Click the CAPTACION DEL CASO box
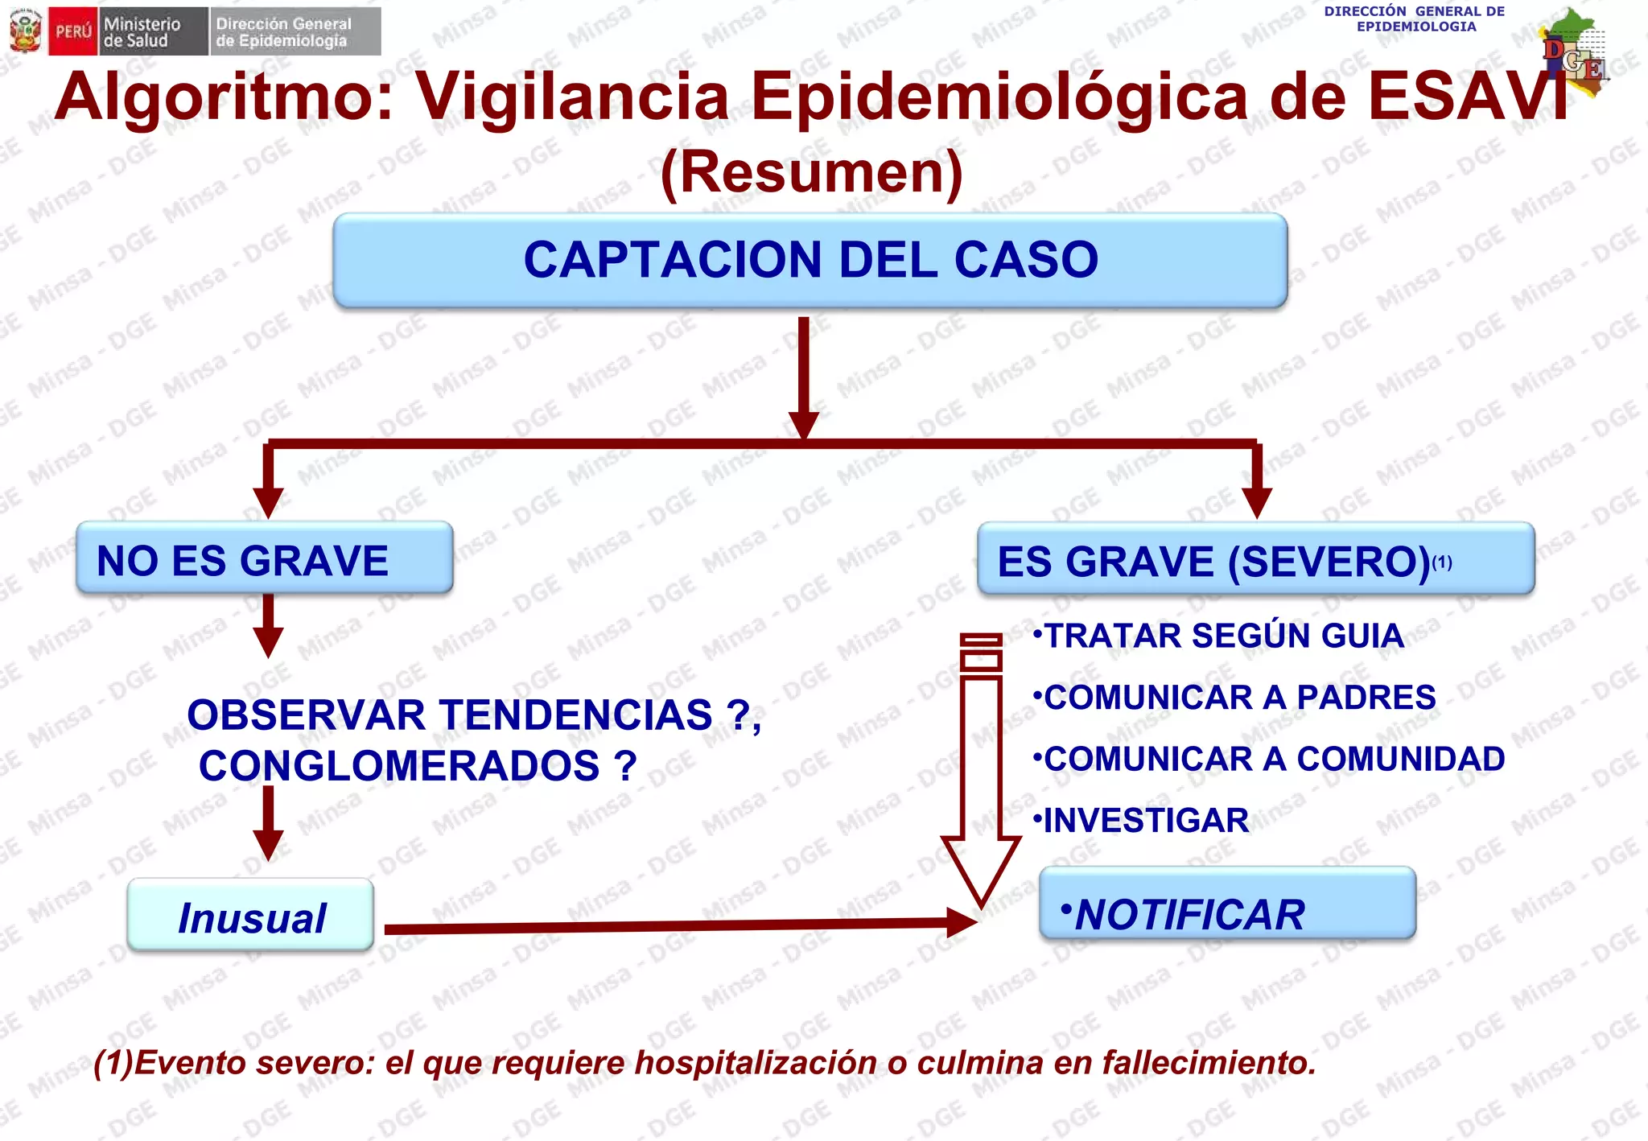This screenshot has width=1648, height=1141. click(x=810, y=260)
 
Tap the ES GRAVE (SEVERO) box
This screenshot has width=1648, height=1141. click(x=1255, y=560)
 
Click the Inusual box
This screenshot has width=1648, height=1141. click(x=250, y=917)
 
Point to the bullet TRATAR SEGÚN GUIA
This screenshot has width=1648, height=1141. click(x=1219, y=636)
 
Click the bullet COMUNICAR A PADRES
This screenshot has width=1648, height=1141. click(x=1235, y=698)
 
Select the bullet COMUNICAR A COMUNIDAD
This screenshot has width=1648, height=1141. click(x=1270, y=759)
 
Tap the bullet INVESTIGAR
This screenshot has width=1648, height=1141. click(x=1143, y=821)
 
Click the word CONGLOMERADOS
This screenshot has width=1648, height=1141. click(x=399, y=765)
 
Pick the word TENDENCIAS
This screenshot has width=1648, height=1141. click(x=575, y=715)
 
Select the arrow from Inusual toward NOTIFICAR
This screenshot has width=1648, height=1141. click(x=676, y=926)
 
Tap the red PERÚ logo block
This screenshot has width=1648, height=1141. click(x=73, y=32)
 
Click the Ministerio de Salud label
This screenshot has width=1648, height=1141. click(x=142, y=32)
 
